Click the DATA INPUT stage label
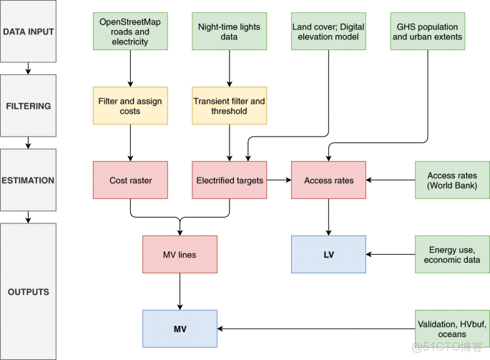[27, 32]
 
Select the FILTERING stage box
[27, 106]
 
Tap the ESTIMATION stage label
[27, 180]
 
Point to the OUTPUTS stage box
[27, 291]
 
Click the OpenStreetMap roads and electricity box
[130, 32]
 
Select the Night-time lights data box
[229, 32]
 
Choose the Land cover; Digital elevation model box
[328, 32]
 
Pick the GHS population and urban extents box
[427, 32]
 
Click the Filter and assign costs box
[130, 106]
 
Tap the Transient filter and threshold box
[229, 106]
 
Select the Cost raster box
[130, 180]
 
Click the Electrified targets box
[229, 180]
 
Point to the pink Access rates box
[328, 180]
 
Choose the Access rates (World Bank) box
[452, 180]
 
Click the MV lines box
[180, 254]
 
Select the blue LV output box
[328, 254]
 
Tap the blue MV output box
[180, 329]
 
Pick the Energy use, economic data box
[452, 254]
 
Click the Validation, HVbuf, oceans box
[452, 329]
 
